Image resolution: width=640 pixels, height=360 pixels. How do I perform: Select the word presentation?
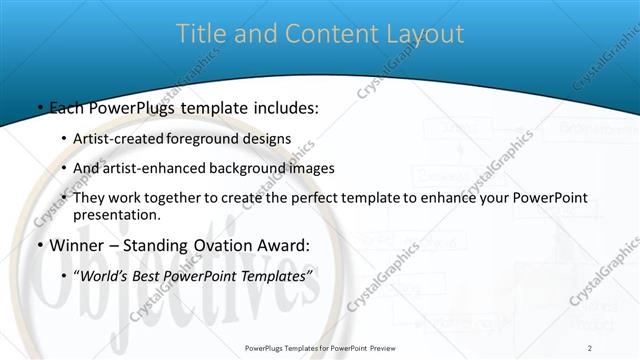(116, 214)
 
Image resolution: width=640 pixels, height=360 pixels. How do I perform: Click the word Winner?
(75, 246)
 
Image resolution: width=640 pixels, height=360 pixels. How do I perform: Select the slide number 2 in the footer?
(590, 347)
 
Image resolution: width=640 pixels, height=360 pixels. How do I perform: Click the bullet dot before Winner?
(39, 246)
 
